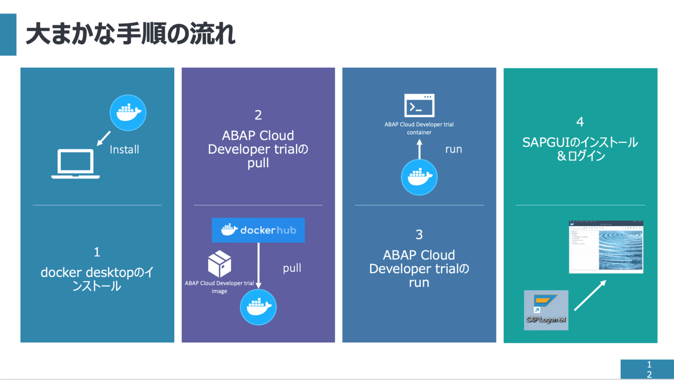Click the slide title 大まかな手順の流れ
(131, 34)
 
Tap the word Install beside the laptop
(124, 150)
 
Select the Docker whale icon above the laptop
(128, 113)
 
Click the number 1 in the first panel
(97, 252)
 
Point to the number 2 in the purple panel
(258, 115)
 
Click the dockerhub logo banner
(258, 230)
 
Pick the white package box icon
(219, 264)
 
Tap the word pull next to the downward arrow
(292, 268)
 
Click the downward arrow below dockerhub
(258, 265)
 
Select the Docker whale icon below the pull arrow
(258, 307)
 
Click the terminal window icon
(419, 106)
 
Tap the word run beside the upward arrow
(453, 149)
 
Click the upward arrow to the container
(419, 149)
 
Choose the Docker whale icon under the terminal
(419, 177)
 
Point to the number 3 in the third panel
(419, 234)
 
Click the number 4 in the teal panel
(580, 122)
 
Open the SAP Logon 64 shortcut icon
(546, 310)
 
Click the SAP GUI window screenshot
(606, 247)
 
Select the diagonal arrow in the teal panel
(590, 295)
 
